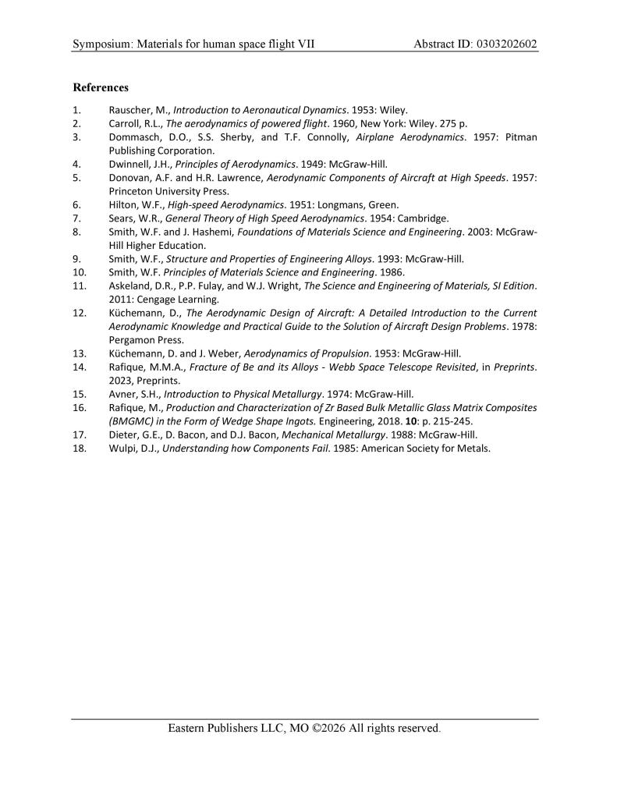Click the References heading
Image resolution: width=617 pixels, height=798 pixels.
[101, 87]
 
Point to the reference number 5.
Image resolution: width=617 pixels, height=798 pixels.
[76, 177]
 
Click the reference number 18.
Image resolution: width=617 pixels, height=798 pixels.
[79, 449]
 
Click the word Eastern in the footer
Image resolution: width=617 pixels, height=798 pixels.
[190, 729]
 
